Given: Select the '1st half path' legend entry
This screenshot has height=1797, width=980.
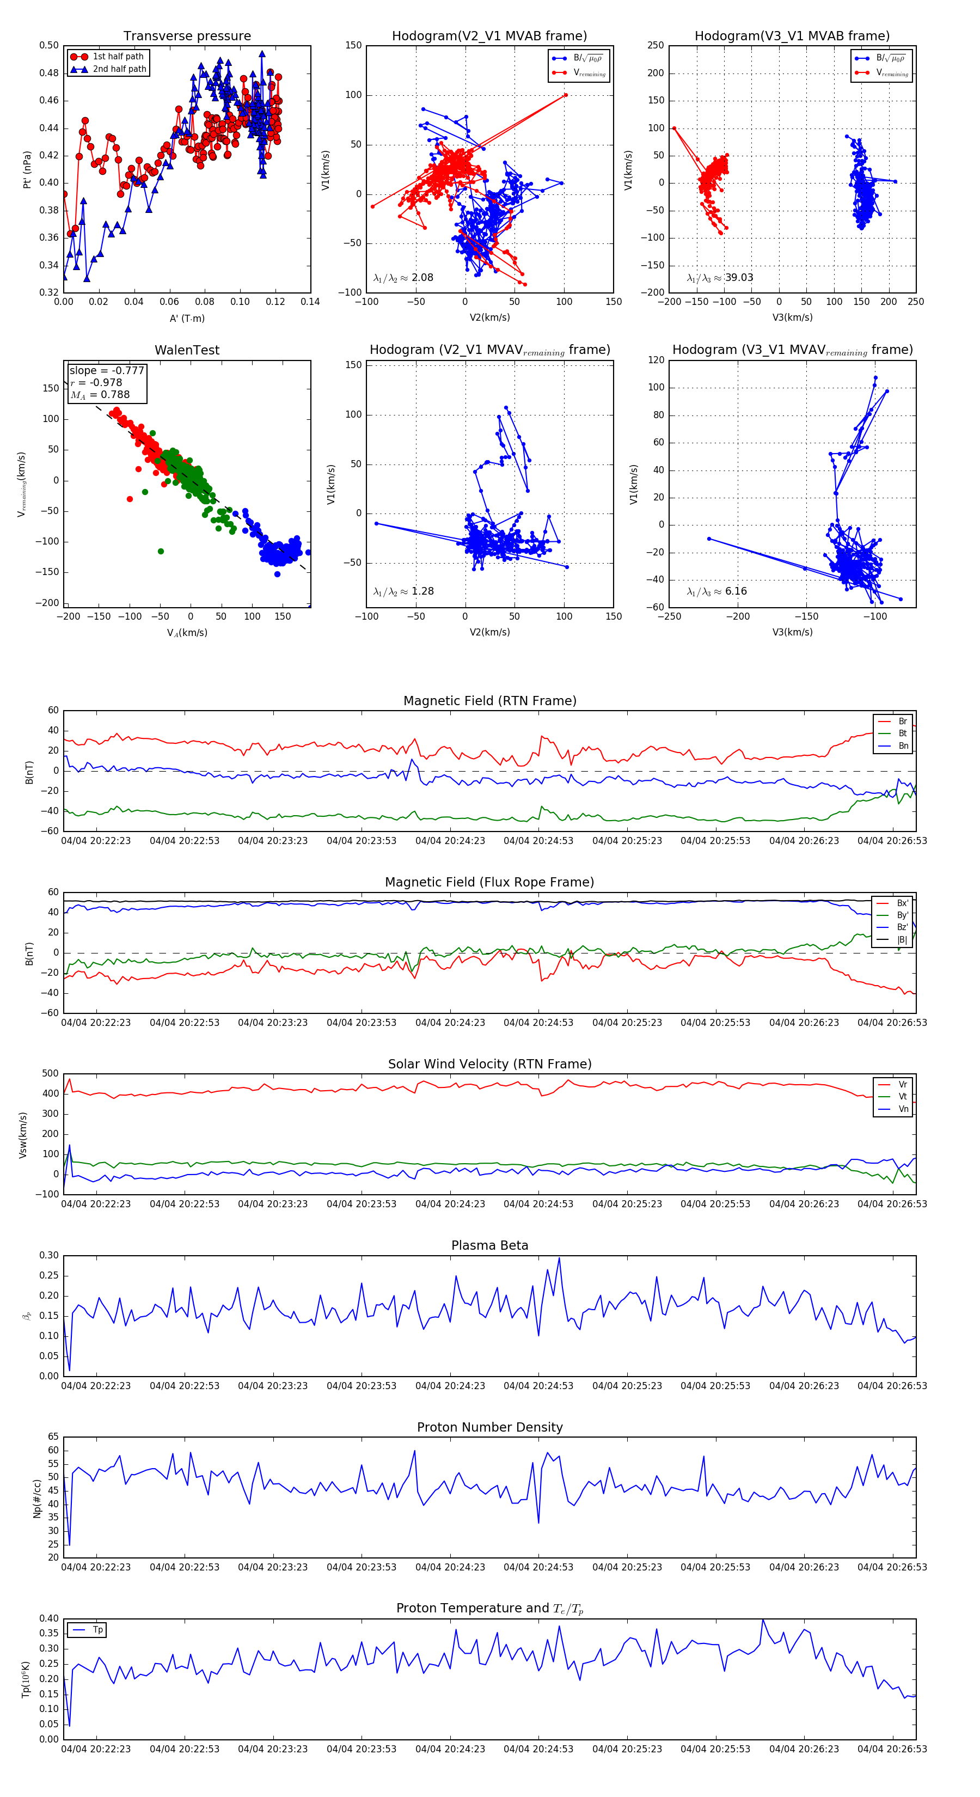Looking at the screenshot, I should click(118, 57).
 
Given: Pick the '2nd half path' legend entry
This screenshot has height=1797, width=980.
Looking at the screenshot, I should click(119, 69).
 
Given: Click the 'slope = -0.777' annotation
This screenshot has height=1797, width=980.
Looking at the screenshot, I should click(107, 370).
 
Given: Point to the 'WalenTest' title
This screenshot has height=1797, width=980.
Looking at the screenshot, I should click(187, 350).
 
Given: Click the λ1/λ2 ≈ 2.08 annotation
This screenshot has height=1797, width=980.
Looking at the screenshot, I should click(403, 278).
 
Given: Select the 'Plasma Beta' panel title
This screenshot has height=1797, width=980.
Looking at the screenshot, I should click(489, 1245).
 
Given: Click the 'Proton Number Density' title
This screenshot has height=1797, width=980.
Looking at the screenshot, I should click(489, 1427).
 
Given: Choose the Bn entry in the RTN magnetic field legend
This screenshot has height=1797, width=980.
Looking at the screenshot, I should click(903, 745).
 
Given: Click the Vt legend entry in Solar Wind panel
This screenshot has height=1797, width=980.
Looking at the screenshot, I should click(903, 1097).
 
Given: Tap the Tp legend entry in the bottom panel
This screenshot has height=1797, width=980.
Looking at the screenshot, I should click(97, 1630).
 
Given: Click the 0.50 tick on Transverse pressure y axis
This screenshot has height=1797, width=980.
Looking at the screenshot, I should click(49, 45).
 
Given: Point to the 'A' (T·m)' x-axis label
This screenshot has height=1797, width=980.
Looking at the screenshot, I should click(187, 319).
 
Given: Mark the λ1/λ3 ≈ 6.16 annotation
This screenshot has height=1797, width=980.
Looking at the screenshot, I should click(717, 591).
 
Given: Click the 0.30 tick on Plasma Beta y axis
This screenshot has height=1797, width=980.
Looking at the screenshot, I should click(49, 1255).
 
